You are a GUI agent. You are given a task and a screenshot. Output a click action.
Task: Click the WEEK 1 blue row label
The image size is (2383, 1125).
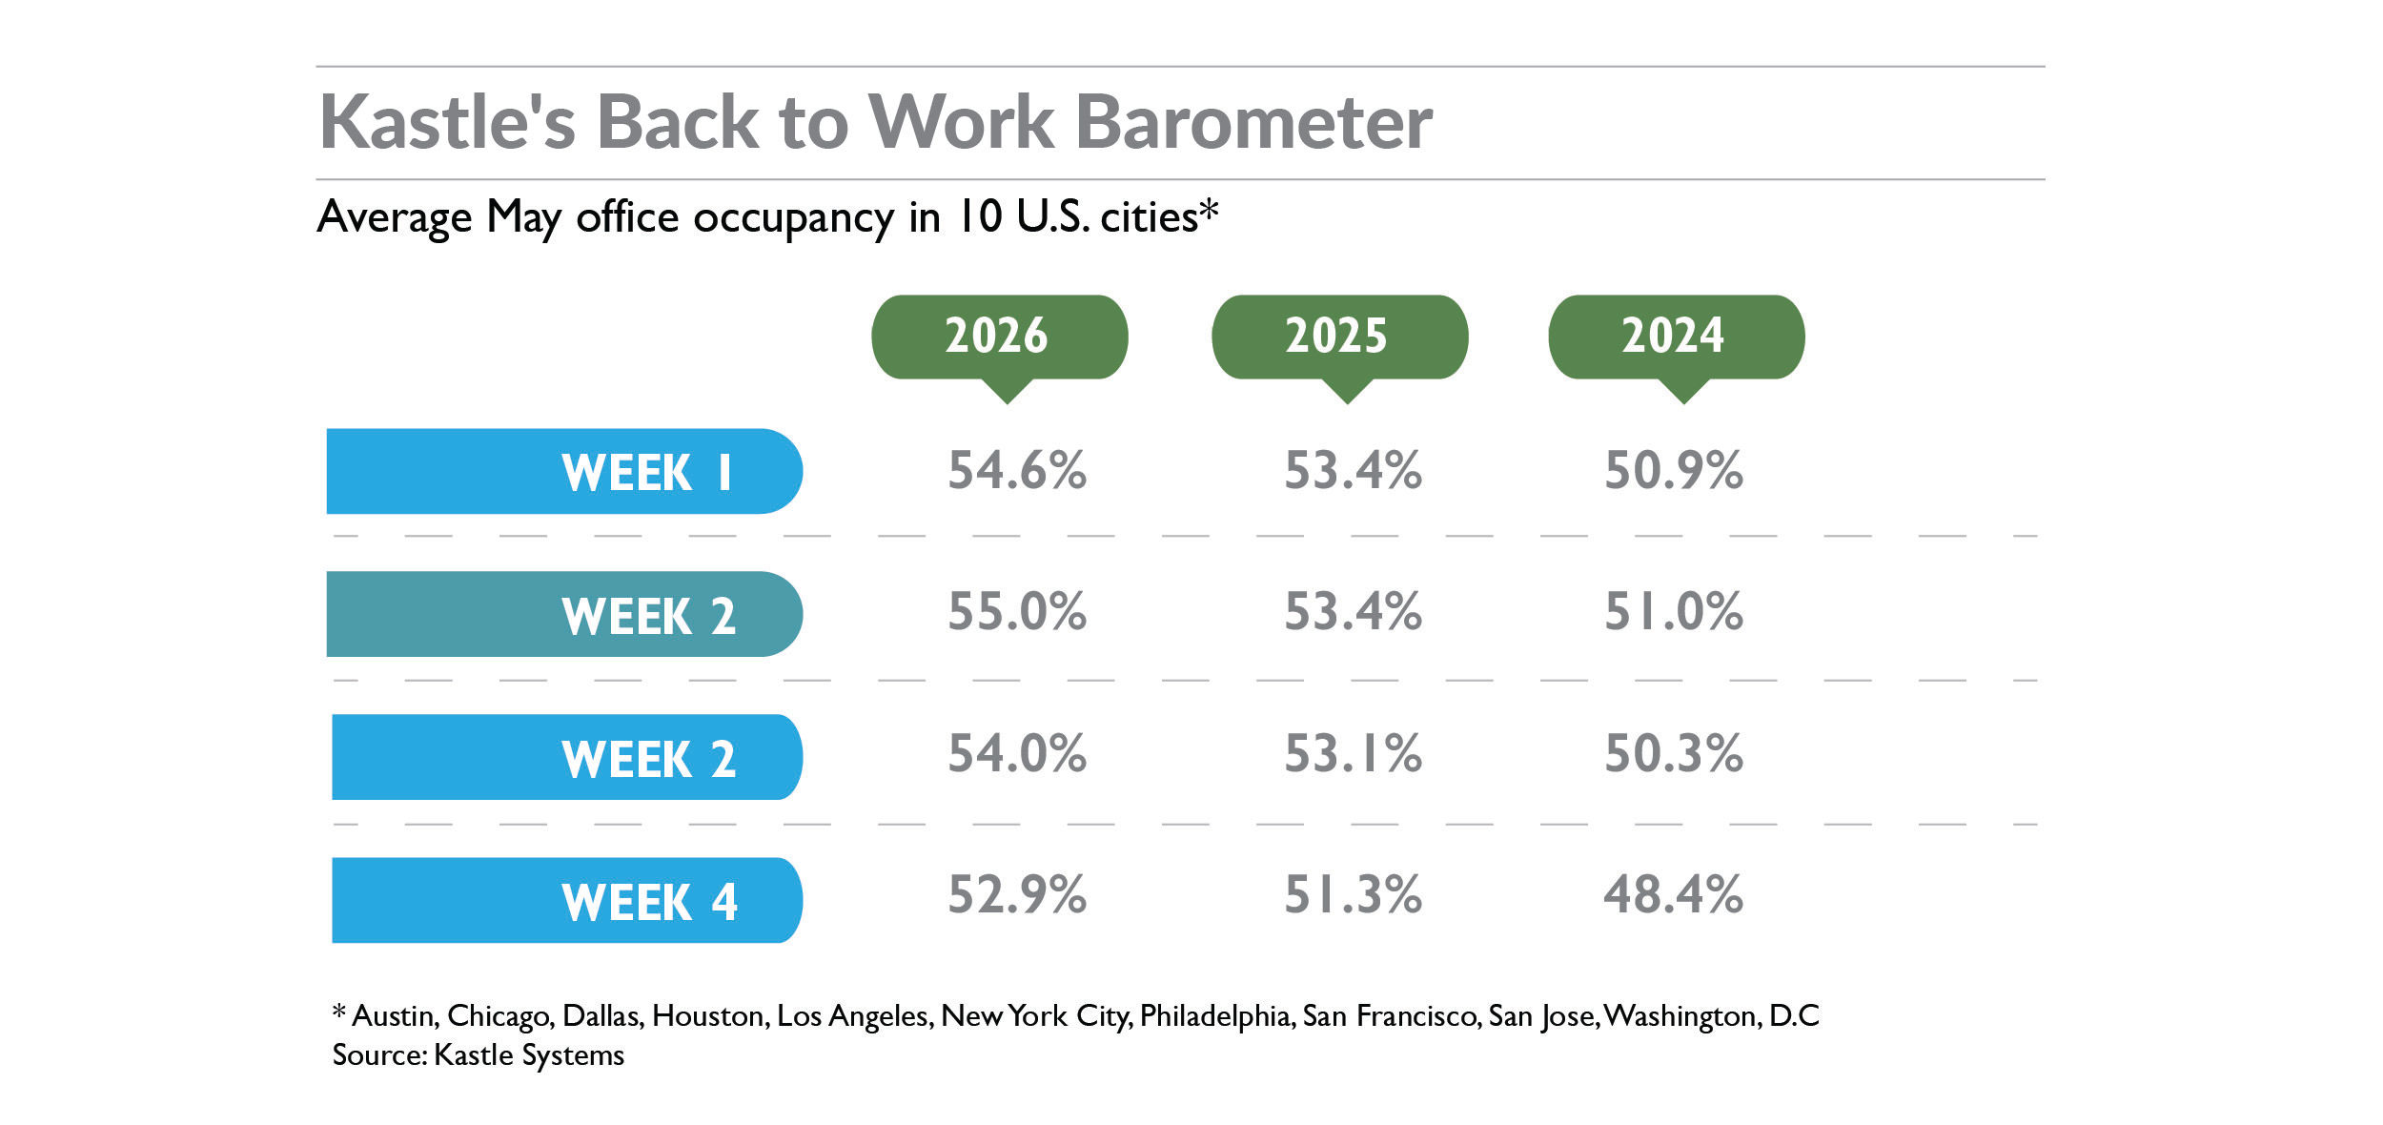pos(564,471)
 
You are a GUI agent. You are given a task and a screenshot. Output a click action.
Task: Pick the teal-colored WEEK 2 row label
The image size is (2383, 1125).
pos(564,614)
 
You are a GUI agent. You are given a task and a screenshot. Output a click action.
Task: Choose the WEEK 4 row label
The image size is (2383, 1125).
pos(567,900)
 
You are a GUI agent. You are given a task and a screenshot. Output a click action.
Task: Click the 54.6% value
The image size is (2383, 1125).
pos(1017,470)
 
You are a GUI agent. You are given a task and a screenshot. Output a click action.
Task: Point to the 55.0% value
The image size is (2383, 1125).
pos(1017,611)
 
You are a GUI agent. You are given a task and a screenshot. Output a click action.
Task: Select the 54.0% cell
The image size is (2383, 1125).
pos(1017,753)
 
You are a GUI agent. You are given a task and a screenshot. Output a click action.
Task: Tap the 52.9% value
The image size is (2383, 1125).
pos(1017,894)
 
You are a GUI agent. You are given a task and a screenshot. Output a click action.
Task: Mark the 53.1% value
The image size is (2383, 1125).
pos(1354,753)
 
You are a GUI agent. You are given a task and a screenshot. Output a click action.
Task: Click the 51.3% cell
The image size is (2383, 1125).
pos(1354,894)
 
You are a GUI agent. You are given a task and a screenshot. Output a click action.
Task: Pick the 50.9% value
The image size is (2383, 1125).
pos(1674,470)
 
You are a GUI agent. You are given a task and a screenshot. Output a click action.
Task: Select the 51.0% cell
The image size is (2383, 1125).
pos(1674,611)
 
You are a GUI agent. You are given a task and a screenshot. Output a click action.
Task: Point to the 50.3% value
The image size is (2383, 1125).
pos(1674,753)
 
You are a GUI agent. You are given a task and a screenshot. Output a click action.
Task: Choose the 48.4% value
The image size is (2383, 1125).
pos(1674,894)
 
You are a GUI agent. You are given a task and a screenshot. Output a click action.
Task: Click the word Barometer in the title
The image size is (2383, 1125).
pos(1253,122)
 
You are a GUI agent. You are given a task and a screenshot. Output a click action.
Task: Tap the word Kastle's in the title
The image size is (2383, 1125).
pos(448,122)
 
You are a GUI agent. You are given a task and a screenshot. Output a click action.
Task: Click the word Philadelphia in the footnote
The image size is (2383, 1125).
pos(1215,1016)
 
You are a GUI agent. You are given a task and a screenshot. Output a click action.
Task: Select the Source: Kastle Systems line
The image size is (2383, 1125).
pos(479,1055)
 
